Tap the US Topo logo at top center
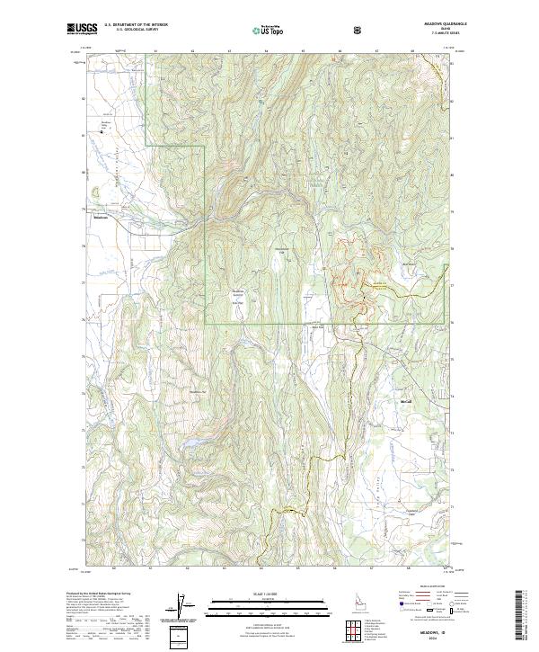(267, 30)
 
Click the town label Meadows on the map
(101, 216)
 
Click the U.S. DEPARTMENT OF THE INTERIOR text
(135, 24)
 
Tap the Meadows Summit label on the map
(238, 293)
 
